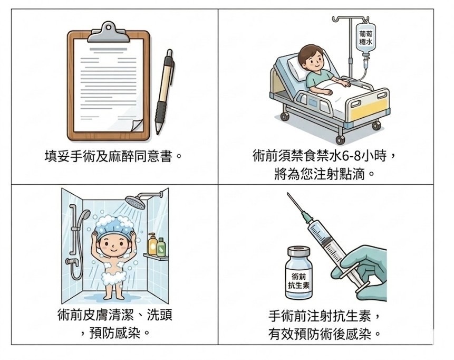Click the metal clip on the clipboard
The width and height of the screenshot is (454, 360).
tap(108, 32)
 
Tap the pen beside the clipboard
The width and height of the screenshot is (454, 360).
tap(165, 92)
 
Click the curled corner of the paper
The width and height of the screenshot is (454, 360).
tap(137, 125)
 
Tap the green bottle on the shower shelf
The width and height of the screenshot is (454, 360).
tap(161, 247)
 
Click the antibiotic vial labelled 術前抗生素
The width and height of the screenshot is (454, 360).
tap(299, 273)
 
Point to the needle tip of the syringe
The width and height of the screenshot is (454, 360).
tap(288, 194)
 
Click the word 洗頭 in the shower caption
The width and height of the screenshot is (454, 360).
tap(160, 315)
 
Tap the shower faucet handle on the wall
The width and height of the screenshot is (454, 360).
tap(72, 262)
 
